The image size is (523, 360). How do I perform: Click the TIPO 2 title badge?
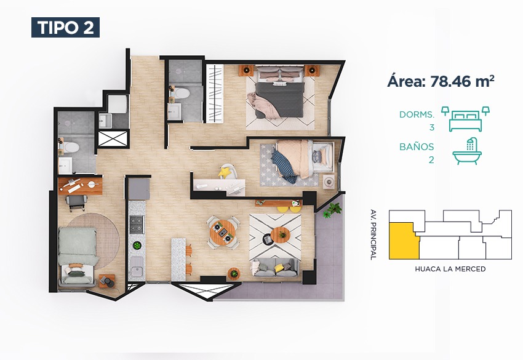coord(65,27)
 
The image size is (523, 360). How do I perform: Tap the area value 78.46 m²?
coord(462,81)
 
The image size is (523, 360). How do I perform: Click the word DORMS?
coord(417,114)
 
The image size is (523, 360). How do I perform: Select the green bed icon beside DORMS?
coord(465,119)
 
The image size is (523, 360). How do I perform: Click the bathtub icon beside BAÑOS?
coord(467,151)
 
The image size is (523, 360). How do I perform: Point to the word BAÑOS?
coord(417,146)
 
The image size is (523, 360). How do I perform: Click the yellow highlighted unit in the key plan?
coord(403,241)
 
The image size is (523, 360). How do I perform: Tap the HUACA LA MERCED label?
coord(450,269)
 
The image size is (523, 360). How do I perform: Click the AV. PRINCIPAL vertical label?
coord(373,234)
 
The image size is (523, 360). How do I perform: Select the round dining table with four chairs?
coord(223,232)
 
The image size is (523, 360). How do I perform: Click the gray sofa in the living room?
coord(275,267)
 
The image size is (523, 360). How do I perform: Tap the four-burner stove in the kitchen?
coord(137,225)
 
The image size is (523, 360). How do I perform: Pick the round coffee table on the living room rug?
coord(280,234)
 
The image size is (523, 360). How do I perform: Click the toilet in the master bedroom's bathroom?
coord(180,93)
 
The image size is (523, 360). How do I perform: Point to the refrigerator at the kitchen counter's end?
coord(139,189)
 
